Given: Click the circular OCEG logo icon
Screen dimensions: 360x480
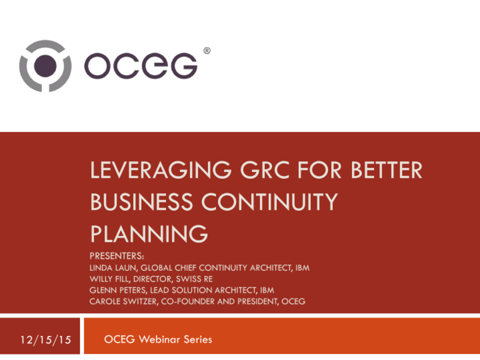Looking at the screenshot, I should click(45, 65).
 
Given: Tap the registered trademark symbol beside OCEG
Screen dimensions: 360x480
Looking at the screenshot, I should click(207, 50).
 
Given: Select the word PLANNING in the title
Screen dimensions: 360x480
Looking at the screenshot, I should click(148, 233).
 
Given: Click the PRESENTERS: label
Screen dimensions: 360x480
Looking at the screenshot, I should click(116, 256).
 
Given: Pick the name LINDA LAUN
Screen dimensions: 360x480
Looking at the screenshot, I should click(113, 268).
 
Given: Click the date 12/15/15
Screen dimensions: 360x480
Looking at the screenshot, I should click(45, 340).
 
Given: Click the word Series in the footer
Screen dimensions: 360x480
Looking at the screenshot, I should click(197, 339).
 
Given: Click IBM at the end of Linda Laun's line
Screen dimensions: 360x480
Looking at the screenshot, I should click(301, 268).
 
